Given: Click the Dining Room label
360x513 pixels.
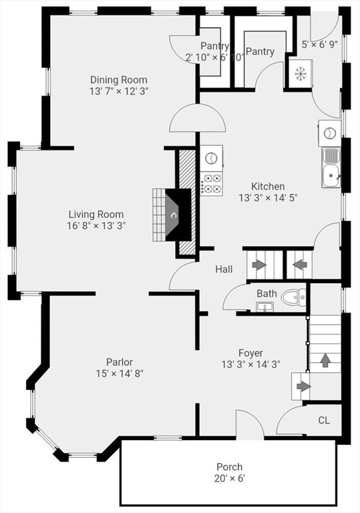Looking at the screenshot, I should (119, 79).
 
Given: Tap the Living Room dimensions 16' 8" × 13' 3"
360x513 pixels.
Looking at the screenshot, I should (96, 226).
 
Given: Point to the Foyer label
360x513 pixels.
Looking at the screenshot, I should (250, 353).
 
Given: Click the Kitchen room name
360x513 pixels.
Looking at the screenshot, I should (268, 186).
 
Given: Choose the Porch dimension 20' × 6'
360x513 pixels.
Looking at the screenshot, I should (229, 478).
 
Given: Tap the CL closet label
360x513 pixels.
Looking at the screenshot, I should (324, 420).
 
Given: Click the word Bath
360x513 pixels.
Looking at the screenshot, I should (266, 293).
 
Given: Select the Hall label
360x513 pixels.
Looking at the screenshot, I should (224, 269).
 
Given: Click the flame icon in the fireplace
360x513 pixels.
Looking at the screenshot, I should (174, 215).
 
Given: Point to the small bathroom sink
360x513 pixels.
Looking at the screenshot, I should (264, 307).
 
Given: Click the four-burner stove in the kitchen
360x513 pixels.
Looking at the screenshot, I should (212, 184).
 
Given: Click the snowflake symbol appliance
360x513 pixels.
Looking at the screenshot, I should (298, 74).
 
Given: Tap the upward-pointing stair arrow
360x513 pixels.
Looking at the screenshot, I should (325, 360).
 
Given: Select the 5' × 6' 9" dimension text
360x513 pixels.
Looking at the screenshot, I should (320, 45).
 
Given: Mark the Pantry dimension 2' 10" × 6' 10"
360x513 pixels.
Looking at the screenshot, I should (215, 57).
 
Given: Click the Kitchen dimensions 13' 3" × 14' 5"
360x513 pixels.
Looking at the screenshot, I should (268, 198).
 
